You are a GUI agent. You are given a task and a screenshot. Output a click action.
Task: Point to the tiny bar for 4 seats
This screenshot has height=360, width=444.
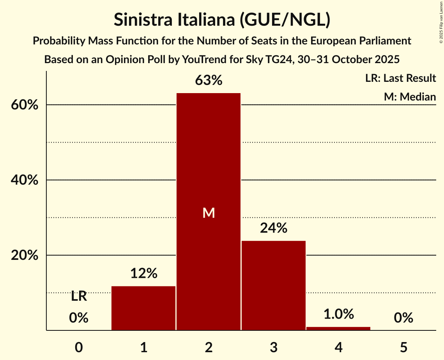pos(338,328)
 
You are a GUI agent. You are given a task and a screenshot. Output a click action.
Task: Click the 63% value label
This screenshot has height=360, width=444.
pos(209,81)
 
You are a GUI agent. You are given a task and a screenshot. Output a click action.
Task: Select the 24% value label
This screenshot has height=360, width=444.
pos(273,228)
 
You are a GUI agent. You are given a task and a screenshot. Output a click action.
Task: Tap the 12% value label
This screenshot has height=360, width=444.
pos(143,274)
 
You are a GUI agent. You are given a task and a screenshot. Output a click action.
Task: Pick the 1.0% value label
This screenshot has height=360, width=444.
pos(338,314)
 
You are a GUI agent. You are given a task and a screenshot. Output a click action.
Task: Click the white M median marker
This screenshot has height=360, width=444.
pos(209,213)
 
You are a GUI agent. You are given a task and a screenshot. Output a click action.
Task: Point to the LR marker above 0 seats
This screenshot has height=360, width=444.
pos(79,297)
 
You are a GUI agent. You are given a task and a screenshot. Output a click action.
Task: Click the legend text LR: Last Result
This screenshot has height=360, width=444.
pos(400,78)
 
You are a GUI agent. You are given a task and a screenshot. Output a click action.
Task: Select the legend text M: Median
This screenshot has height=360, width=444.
pos(410,97)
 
